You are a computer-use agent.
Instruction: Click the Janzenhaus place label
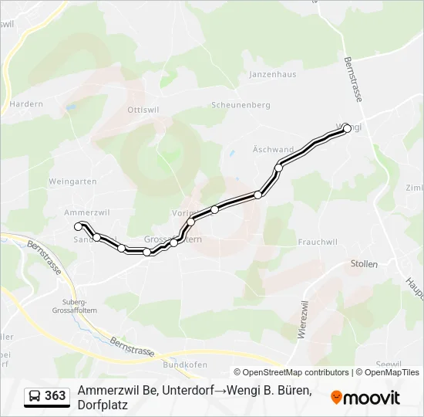pos(272,75)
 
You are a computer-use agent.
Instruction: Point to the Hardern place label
pos(25,103)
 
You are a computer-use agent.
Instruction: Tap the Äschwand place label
pos(273,149)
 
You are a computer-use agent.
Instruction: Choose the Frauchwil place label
pos(318,242)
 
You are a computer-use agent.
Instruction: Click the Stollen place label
pos(364,264)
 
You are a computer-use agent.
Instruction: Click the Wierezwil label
pos(299,321)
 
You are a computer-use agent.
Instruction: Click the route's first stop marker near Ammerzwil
pos(78,226)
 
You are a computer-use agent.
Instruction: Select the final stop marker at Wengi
pos(346,128)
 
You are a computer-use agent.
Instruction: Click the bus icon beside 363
pos(34,396)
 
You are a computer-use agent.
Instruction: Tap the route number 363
pos(56,396)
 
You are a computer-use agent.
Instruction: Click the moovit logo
pos(365,398)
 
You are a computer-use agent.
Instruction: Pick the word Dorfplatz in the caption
pos(103,405)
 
